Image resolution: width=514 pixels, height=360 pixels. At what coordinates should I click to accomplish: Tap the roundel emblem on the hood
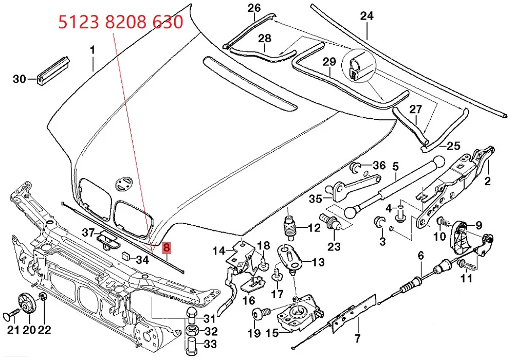(x=124, y=183)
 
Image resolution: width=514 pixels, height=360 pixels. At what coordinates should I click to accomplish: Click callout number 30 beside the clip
(x=19, y=79)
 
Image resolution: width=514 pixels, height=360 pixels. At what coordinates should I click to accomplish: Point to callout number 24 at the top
(x=366, y=16)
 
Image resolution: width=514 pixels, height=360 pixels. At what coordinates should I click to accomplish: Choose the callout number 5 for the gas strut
(x=395, y=167)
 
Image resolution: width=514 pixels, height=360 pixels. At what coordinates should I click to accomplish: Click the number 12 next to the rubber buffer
(x=315, y=227)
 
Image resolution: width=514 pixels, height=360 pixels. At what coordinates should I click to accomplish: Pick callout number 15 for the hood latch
(x=271, y=333)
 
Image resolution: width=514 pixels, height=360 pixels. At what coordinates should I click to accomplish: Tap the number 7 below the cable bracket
(x=357, y=338)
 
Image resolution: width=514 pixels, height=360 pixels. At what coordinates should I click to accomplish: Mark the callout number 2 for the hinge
(x=488, y=181)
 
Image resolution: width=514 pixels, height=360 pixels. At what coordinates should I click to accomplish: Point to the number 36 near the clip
(x=378, y=166)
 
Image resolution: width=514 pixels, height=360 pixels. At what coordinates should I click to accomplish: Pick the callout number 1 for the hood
(x=93, y=50)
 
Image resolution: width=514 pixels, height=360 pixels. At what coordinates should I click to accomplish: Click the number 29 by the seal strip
(x=329, y=62)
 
